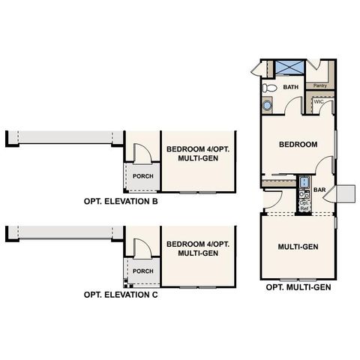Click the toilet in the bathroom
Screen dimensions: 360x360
pos(270,88)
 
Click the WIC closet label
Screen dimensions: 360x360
pos(318,102)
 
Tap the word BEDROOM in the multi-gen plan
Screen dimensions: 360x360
pos(298,144)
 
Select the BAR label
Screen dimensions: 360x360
pos(319,190)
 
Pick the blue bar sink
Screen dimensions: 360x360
pos(304,183)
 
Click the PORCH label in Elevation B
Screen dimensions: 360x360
pos(142,176)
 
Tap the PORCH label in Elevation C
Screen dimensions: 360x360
pos(142,271)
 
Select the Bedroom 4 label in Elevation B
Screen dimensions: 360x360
pos(199,154)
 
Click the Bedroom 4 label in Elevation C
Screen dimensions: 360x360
pos(199,248)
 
